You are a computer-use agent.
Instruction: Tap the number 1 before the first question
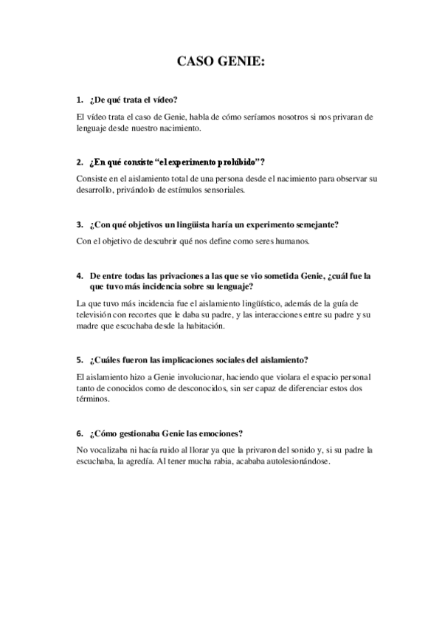79,100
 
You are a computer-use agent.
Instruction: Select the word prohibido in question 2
236,162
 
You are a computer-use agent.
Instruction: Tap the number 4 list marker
79,275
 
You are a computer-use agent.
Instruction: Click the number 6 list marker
79,433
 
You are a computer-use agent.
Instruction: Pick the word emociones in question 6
220,433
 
